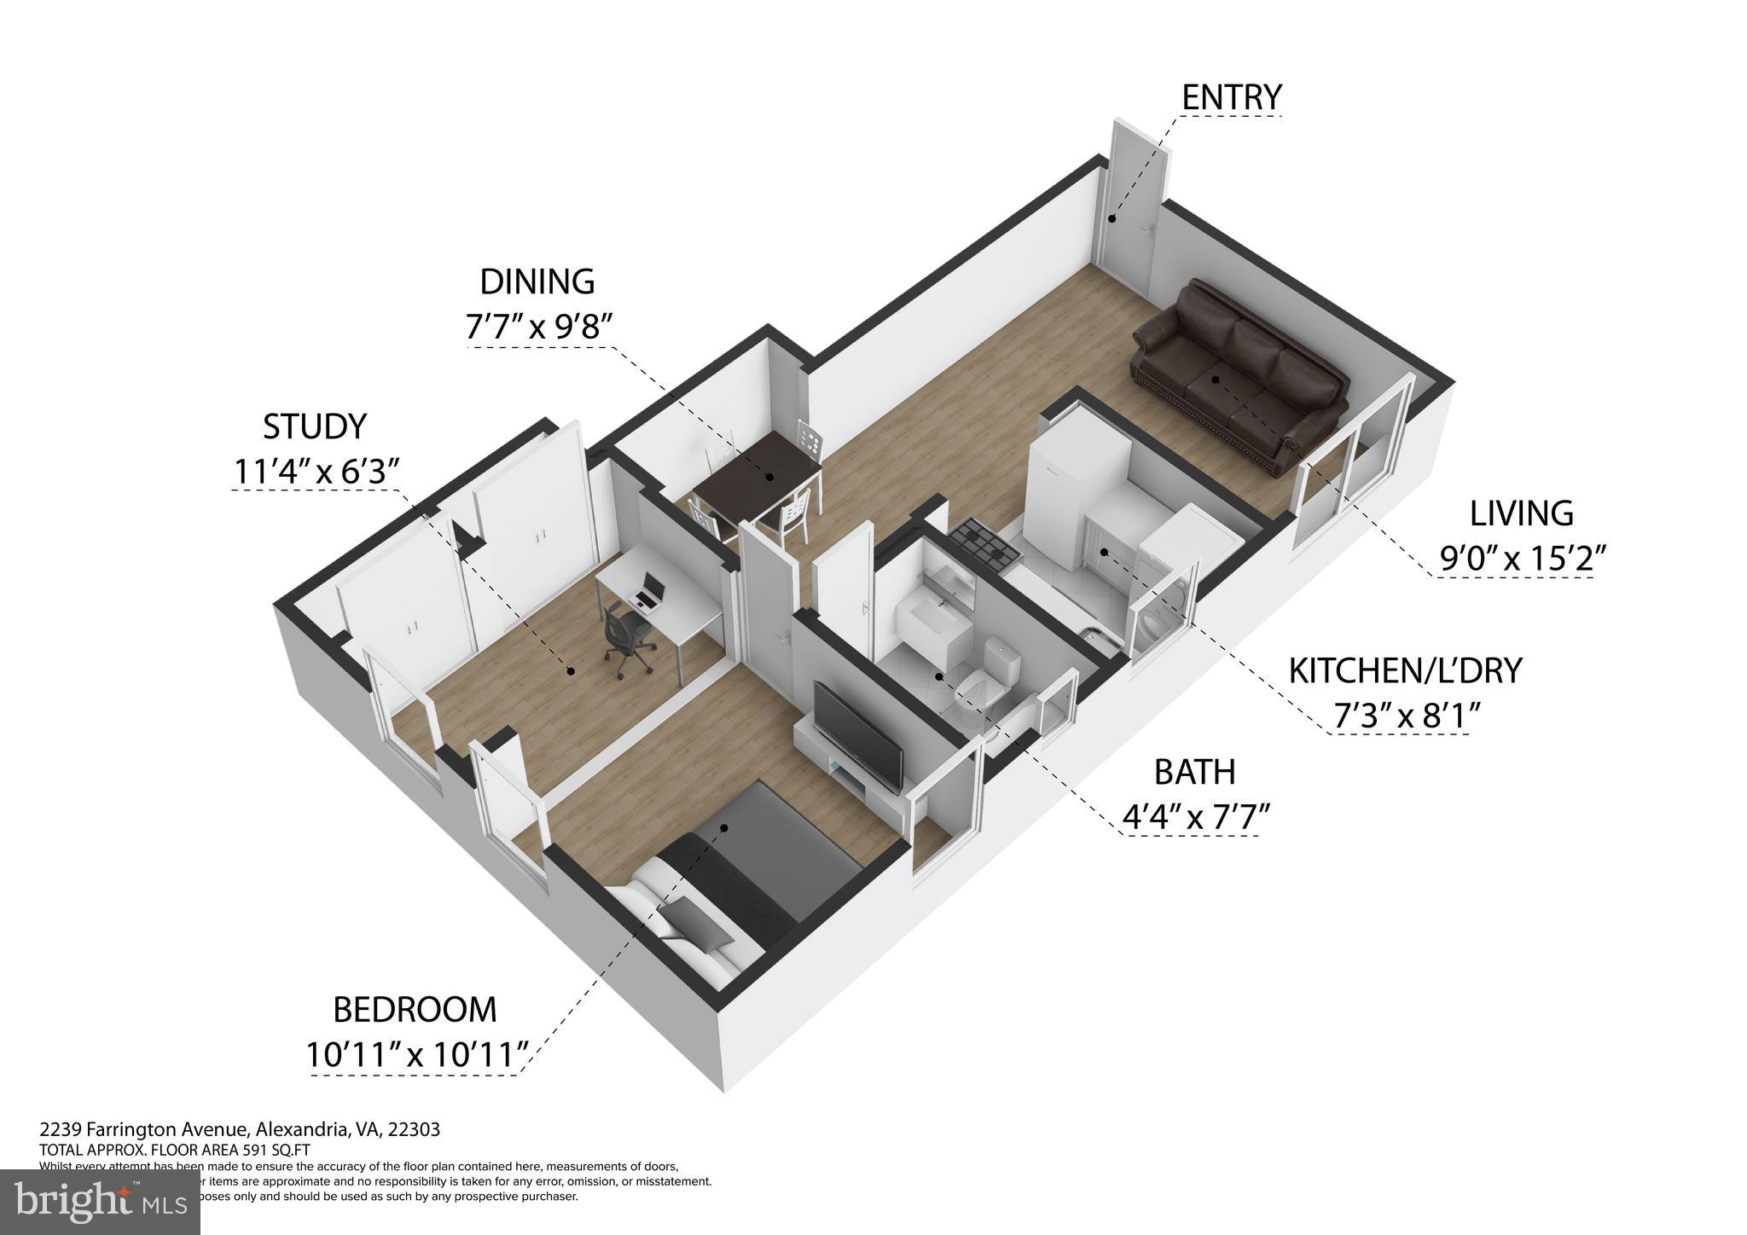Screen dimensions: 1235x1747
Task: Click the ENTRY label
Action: coord(1231,97)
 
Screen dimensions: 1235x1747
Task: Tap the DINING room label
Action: coord(537,281)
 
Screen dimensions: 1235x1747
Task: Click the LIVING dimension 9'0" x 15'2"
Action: coord(1523,558)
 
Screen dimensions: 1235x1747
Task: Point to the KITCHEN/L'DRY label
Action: coord(1404,671)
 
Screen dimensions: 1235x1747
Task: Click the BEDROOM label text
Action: coord(414,1010)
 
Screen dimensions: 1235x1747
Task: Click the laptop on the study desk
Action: coord(647,591)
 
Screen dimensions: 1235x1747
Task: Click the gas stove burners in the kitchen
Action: coord(985,545)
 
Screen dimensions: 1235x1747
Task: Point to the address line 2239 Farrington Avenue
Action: coord(240,1129)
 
